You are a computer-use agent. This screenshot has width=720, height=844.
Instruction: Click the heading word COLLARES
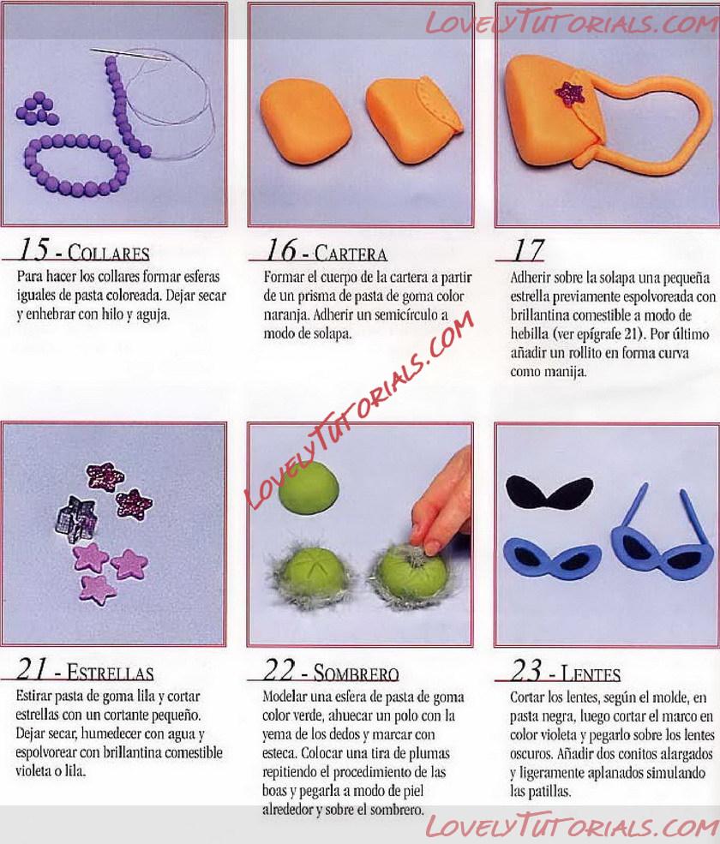click(108, 253)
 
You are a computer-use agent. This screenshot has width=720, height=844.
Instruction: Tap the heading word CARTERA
click(351, 253)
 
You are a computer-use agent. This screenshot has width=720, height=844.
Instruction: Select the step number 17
click(528, 250)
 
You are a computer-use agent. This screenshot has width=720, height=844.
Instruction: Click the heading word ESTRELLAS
click(111, 673)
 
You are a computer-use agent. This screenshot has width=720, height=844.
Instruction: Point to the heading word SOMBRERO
click(356, 673)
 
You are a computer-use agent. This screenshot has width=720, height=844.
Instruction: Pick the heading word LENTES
click(591, 673)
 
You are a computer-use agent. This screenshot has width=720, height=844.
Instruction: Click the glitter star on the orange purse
click(569, 93)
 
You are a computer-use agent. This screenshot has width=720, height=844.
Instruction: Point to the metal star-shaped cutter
click(76, 518)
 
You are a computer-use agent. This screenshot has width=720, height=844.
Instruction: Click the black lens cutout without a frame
click(549, 493)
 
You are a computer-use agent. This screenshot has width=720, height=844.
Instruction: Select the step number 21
click(31, 669)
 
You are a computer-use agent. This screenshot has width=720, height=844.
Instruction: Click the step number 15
click(33, 249)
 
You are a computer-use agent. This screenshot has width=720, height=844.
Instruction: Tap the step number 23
click(526, 670)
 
